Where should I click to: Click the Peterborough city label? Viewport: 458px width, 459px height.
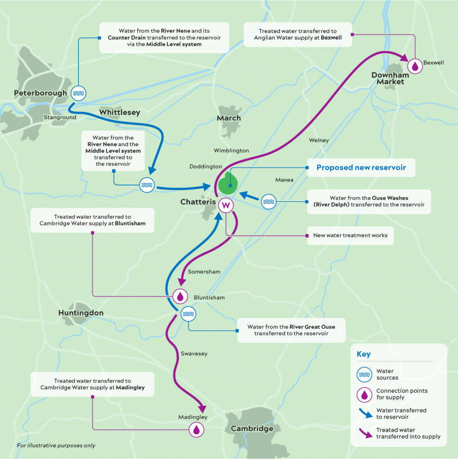pos(40,93)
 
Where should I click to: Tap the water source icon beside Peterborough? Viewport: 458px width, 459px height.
pos(78,93)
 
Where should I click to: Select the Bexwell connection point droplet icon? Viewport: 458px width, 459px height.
pos(415,66)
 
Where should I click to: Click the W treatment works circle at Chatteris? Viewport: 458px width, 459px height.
pos(226,205)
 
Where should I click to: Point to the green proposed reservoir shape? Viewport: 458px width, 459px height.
pos(227,184)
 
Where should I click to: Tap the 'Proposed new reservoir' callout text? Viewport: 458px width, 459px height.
pos(361,168)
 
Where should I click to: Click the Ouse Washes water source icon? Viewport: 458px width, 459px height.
pos(269,202)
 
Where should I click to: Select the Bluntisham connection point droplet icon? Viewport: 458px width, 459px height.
pos(180,296)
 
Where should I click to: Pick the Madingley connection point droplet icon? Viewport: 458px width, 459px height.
pos(196,430)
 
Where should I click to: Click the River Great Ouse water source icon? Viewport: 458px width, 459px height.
pos(188,314)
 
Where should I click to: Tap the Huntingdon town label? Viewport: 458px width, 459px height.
pos(81,313)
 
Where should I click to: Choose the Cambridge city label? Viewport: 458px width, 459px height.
pos(252,429)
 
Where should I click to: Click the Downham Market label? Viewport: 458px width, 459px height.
pos(390,78)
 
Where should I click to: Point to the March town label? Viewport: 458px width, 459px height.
pos(229,118)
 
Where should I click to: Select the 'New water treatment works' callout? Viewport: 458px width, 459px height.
pos(350,235)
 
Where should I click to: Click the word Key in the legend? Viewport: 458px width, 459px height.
pos(364,354)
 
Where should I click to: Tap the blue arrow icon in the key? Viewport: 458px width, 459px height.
pos(366,413)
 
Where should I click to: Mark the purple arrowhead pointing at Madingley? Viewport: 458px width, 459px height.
pos(202,409)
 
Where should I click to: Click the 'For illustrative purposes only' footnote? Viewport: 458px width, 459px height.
pos(56,446)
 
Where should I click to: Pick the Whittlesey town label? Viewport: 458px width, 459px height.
pos(120,113)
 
